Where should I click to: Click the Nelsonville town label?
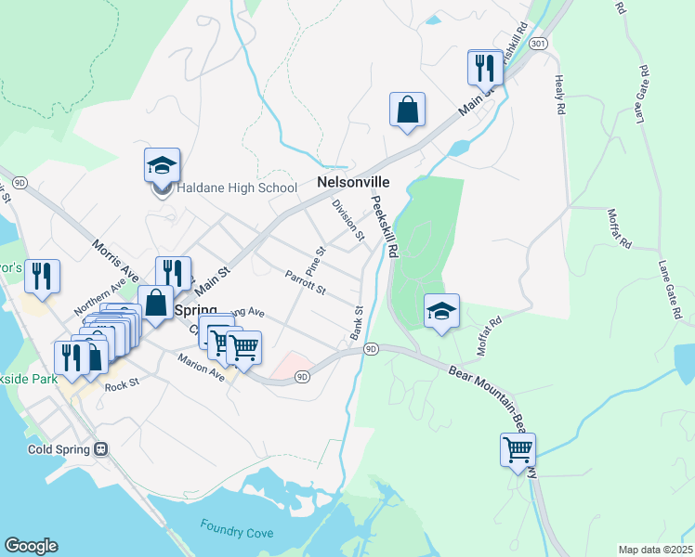coord(352,183)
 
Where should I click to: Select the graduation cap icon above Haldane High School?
coord(162,165)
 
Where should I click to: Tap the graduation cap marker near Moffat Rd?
coord(441,310)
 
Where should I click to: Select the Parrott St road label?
coord(305,282)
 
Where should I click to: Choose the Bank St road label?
coord(356,322)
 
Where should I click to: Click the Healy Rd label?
coord(559,95)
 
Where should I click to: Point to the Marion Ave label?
coord(203,370)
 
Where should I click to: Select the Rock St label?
coord(121,384)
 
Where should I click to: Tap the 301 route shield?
coord(538,44)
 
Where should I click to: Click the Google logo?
coord(31,546)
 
